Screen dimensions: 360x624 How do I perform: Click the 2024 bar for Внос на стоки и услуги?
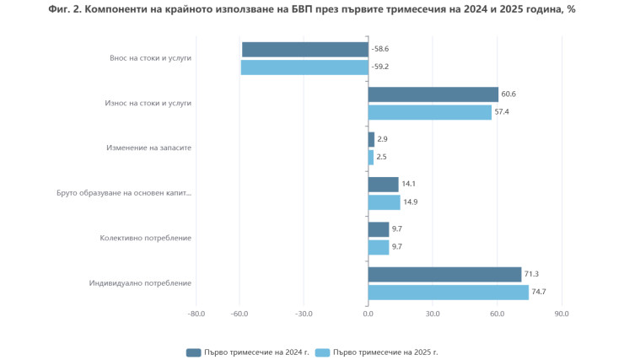pyautogui.click(x=304, y=50)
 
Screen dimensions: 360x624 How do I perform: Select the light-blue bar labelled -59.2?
pyautogui.click(x=304, y=67)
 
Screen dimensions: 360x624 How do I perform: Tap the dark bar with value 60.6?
pyautogui.click(x=433, y=94)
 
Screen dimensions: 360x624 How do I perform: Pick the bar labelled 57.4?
pyautogui.click(x=430, y=112)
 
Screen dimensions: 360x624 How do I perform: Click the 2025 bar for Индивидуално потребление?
pyautogui.click(x=449, y=293)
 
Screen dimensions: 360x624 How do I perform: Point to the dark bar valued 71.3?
pyautogui.click(x=444, y=275)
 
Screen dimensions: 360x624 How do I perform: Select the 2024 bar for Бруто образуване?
pyautogui.click(x=384, y=185)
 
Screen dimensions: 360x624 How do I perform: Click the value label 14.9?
pyautogui.click(x=410, y=202)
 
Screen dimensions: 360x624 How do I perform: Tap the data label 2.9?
pyautogui.click(x=382, y=139)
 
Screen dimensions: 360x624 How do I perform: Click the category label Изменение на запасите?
pyautogui.click(x=149, y=148)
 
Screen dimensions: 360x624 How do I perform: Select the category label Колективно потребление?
pyautogui.click(x=145, y=238)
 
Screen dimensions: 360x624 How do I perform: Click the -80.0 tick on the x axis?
pyautogui.click(x=196, y=314)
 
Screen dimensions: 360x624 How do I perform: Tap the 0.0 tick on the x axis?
pyautogui.click(x=368, y=314)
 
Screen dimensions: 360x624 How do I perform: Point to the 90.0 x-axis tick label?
pyautogui.click(x=562, y=314)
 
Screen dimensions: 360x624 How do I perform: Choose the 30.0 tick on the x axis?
pyautogui.click(x=433, y=314)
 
